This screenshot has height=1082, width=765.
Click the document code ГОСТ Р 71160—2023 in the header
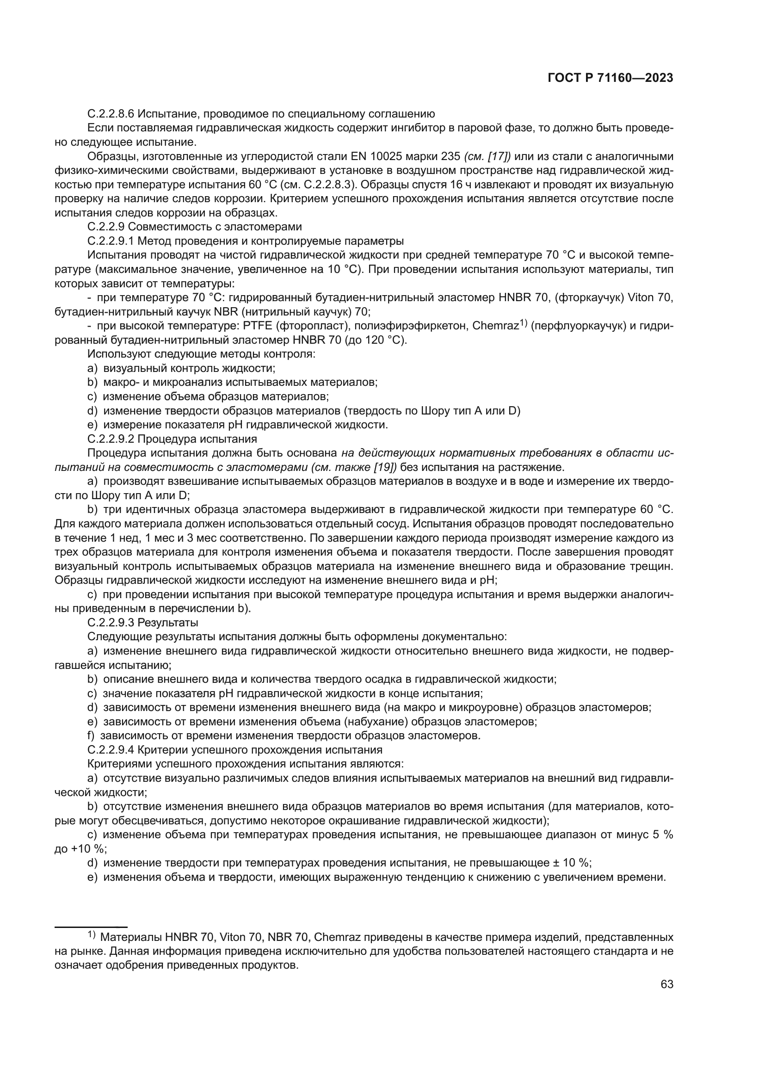[x=610, y=78]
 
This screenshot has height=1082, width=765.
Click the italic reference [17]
[x=501, y=156]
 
